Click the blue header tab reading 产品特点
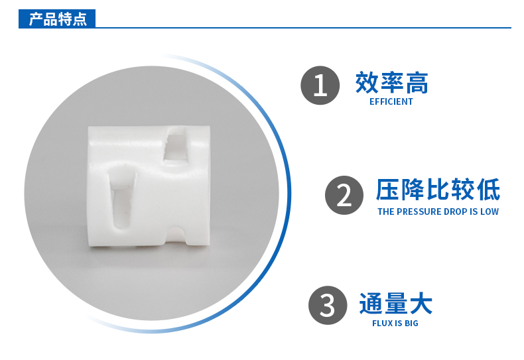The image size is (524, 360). pos(58,19)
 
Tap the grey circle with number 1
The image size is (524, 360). pos(320,86)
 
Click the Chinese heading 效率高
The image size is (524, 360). pos(391,83)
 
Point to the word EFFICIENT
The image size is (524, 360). pos(391,102)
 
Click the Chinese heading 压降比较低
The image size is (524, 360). pos(438,190)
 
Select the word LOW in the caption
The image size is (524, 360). pos(490,212)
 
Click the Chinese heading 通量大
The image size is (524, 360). pos(395,304)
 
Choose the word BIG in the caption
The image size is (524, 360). pos(411,324)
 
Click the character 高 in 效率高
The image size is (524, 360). pos(417,83)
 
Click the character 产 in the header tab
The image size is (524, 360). pos(36,19)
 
